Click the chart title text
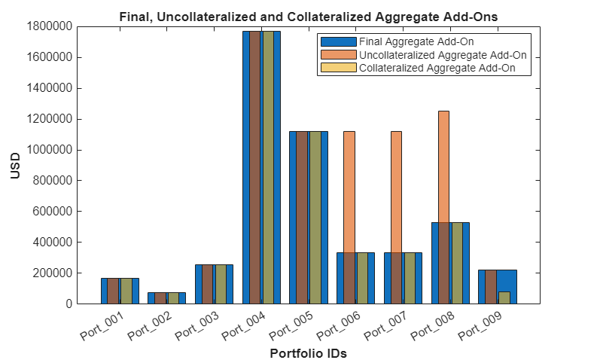(x=309, y=15)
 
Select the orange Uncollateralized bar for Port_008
(x=443, y=166)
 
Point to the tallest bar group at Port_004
(x=261, y=166)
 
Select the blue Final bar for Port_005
(x=294, y=218)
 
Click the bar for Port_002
(x=166, y=298)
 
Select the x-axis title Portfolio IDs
(x=308, y=352)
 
